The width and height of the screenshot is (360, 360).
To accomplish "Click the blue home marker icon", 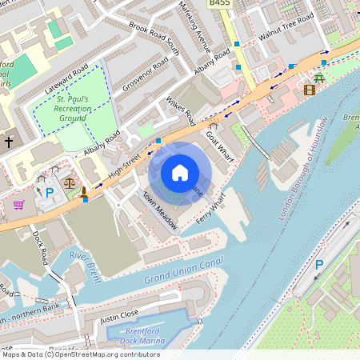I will (180, 172).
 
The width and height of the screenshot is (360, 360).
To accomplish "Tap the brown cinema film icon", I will (310, 89).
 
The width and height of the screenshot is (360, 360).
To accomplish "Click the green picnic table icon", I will (319, 78).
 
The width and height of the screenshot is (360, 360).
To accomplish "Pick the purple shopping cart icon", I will (18, 205).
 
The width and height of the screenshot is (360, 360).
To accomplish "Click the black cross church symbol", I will (10, 142).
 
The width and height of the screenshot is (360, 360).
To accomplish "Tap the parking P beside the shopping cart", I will (49, 193).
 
